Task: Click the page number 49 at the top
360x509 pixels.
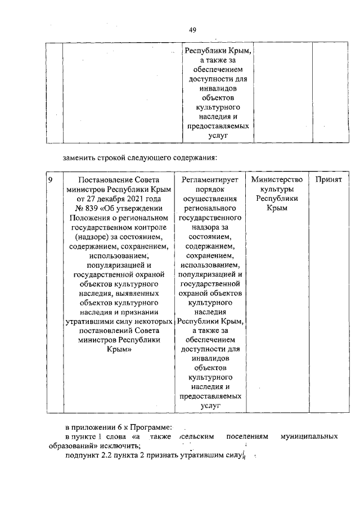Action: tap(192, 30)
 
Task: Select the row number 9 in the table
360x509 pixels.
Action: tap(51, 180)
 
